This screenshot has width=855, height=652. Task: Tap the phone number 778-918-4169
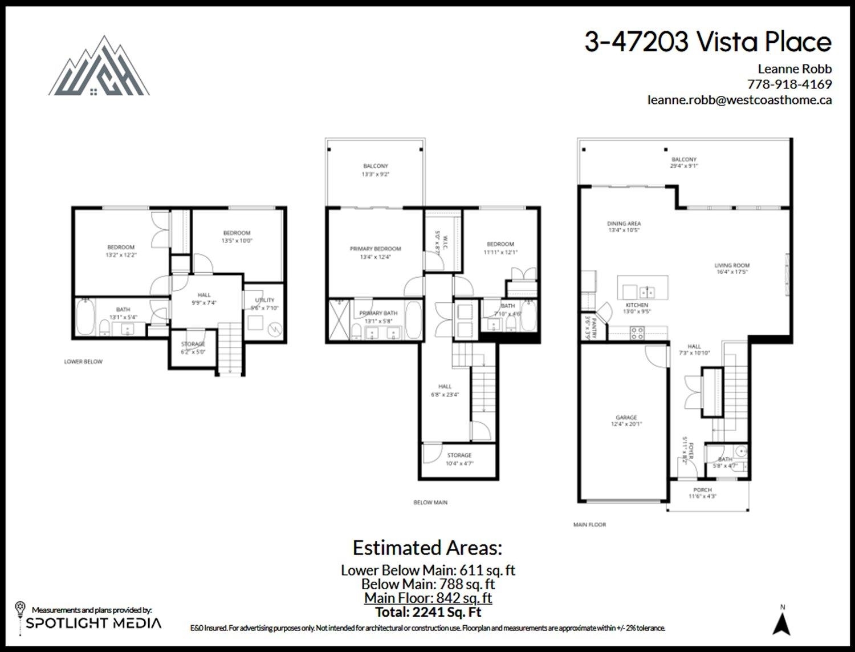pyautogui.click(x=789, y=84)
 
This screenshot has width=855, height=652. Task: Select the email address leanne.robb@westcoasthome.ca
pyautogui.click(x=739, y=100)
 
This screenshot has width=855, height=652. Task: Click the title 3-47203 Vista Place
pyautogui.click(x=708, y=42)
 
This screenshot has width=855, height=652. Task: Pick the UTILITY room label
pyautogui.click(x=264, y=300)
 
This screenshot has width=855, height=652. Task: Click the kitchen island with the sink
pyautogui.click(x=643, y=288)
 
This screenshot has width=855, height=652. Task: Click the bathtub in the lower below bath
pyautogui.click(x=85, y=318)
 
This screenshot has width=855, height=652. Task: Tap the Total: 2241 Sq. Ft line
pyautogui.click(x=427, y=612)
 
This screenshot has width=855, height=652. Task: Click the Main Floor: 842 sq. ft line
pyautogui.click(x=427, y=598)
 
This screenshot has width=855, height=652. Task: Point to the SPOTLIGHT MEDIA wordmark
pyautogui.click(x=93, y=623)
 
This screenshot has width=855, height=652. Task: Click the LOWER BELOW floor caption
pyautogui.click(x=83, y=362)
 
